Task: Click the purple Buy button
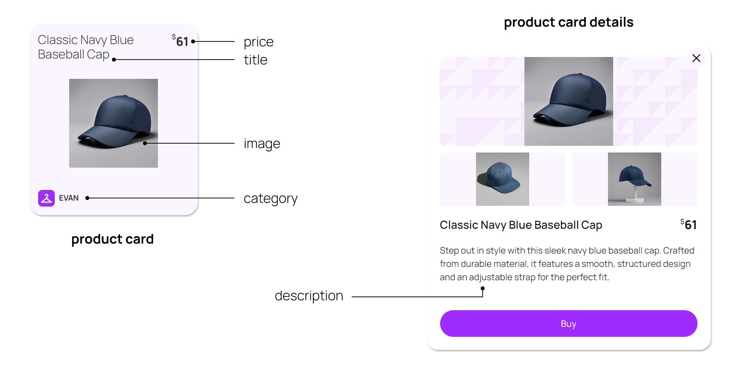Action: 568,324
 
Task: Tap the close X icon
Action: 696,58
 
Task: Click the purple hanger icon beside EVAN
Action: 46,198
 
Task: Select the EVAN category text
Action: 69,198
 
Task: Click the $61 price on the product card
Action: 180,41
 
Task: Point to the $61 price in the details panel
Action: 689,224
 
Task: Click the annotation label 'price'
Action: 259,42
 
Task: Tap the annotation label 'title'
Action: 256,60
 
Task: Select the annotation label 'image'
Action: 262,144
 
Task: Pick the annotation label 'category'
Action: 271,199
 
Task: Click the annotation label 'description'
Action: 309,296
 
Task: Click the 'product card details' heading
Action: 569,22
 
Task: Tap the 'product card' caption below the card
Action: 112,239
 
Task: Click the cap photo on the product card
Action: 114,123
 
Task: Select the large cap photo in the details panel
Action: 569,101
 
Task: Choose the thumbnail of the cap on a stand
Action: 635,179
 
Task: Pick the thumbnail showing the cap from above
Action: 503,179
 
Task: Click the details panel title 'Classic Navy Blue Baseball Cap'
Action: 521,225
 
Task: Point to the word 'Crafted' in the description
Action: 679,251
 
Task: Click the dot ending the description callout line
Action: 483,288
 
